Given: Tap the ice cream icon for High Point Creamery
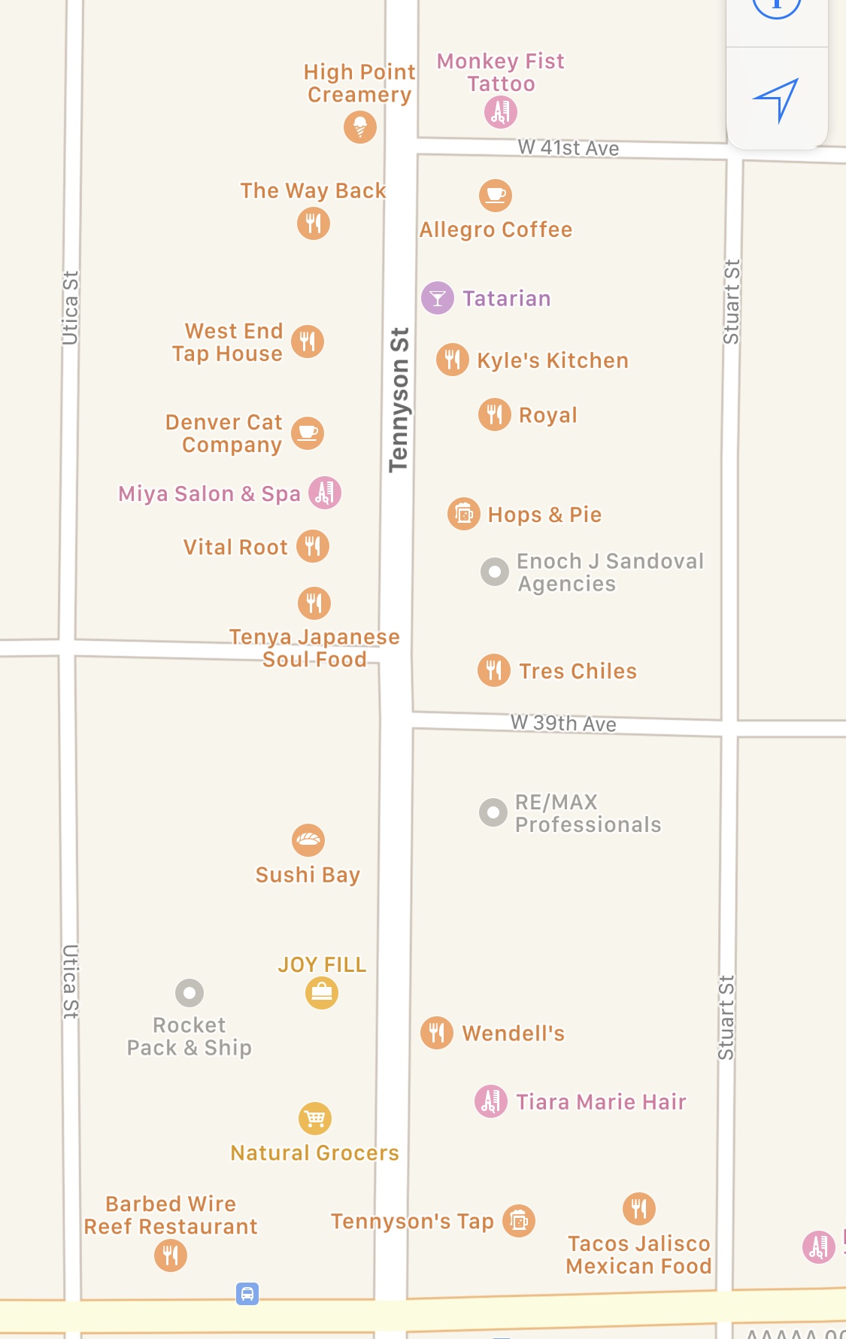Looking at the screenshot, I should [x=360, y=126].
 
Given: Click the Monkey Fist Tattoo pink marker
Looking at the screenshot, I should [x=501, y=112].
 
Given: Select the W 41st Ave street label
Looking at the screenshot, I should [x=568, y=147].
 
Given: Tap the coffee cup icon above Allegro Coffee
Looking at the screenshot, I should [x=496, y=195].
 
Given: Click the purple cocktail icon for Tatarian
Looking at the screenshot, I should [x=438, y=298].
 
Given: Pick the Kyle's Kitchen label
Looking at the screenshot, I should [x=552, y=360].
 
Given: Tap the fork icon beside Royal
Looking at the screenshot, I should [x=495, y=414].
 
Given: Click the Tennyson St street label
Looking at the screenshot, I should [x=399, y=399].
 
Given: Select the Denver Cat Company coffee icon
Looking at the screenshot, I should [x=308, y=433].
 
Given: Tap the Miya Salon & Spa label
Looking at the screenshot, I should [x=209, y=493].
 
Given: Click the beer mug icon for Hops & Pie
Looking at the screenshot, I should [x=464, y=514].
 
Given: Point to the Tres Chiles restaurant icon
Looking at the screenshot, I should [x=494, y=669].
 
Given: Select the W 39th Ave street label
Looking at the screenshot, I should [x=563, y=723].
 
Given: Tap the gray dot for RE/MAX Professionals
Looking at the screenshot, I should [x=493, y=812].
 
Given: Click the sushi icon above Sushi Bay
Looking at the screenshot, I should [x=308, y=840].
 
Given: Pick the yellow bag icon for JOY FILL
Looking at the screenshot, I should [x=322, y=993].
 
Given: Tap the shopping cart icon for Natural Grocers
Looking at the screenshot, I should [x=315, y=1119].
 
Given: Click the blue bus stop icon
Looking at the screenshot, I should [x=247, y=1293].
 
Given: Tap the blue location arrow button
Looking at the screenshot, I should [x=776, y=99].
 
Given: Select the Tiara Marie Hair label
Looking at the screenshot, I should [x=601, y=1102].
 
